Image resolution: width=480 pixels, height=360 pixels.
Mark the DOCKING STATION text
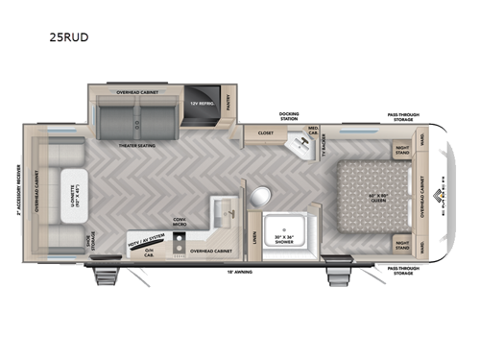tap(290, 117)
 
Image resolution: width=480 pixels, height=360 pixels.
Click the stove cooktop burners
tap(180, 249)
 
